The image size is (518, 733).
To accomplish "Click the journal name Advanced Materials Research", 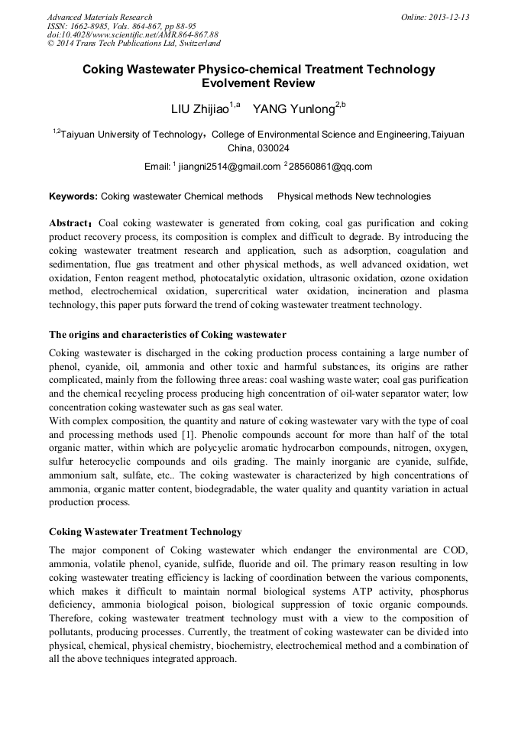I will click(x=99, y=17).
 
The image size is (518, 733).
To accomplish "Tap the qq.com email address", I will click(x=331, y=167).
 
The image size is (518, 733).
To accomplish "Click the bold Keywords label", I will click(x=73, y=196).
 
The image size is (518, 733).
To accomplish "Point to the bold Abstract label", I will click(x=70, y=224).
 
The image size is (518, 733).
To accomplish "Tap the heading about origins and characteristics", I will click(x=167, y=334).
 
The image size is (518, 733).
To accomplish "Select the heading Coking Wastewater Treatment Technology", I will click(x=145, y=532).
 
